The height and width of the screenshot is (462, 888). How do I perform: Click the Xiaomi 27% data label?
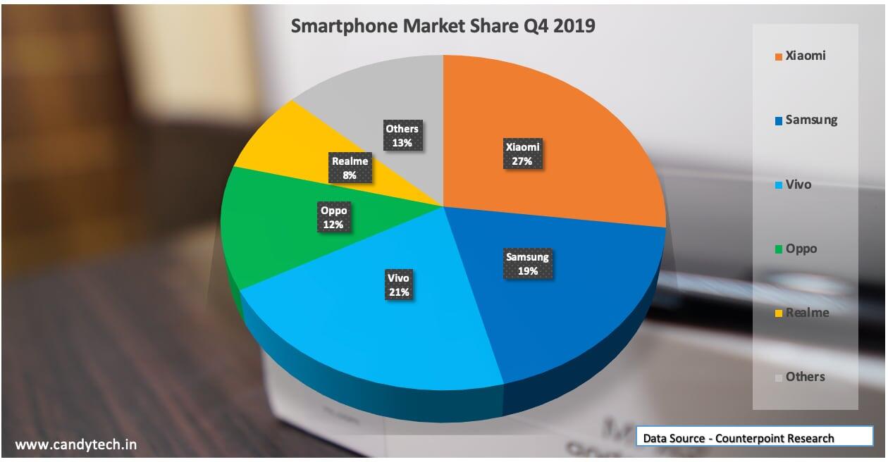(x=522, y=154)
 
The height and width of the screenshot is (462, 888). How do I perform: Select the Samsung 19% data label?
(x=527, y=263)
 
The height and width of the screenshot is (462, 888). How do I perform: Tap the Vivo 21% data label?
(x=398, y=285)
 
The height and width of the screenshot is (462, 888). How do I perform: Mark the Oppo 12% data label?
(x=333, y=218)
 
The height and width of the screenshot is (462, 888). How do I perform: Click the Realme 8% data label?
(x=350, y=168)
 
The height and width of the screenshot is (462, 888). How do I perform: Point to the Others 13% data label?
(x=402, y=135)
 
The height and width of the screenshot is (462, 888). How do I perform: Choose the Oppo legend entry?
(x=796, y=249)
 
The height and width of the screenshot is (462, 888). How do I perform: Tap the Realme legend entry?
(x=801, y=313)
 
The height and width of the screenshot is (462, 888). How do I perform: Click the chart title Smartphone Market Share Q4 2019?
(x=443, y=26)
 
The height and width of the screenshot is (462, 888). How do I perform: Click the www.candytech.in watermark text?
(x=76, y=444)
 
